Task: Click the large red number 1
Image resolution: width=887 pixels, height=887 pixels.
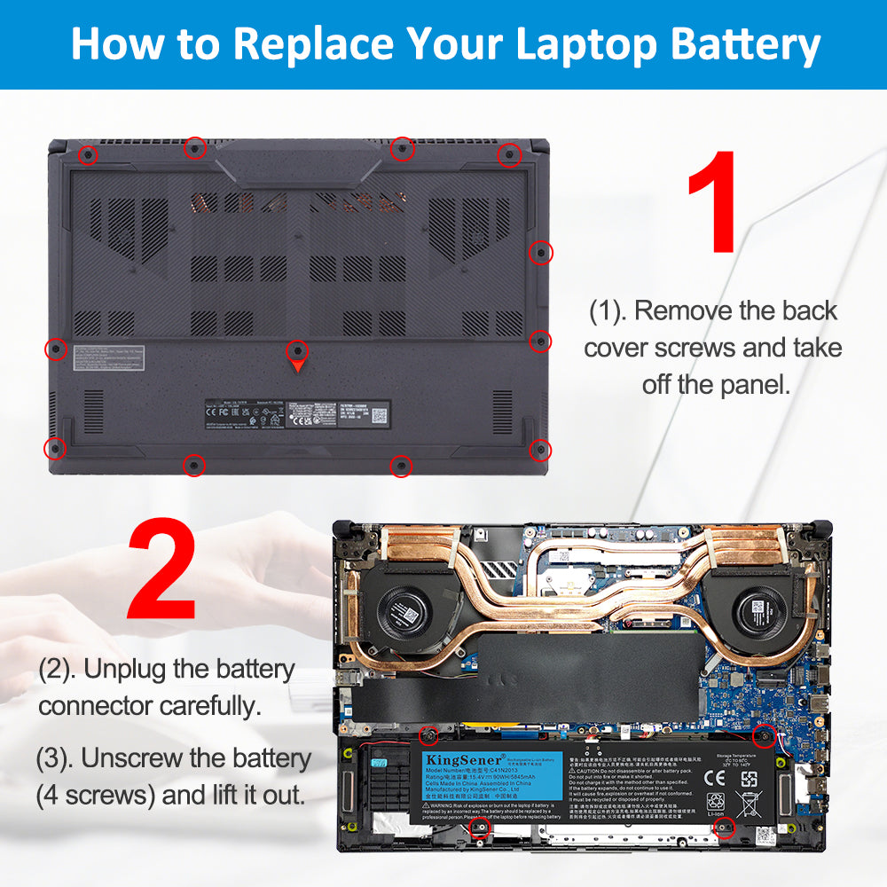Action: pos(711,202)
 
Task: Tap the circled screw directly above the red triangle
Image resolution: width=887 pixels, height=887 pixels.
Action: pos(299,348)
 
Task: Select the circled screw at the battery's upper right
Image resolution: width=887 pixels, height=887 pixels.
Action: pos(763,734)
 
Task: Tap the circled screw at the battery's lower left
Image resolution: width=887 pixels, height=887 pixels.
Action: pos(479,827)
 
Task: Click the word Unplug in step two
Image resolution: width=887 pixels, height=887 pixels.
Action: pos(123,669)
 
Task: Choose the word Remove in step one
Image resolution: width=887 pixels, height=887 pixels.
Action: pos(691,310)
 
